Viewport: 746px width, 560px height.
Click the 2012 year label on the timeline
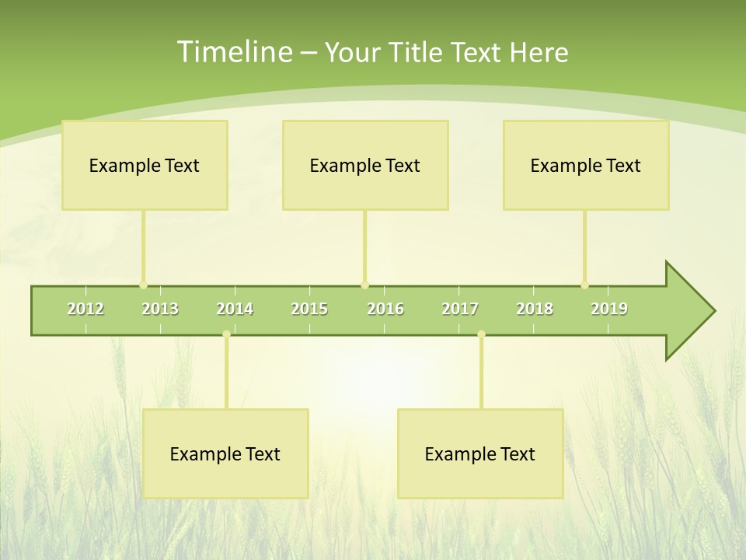click(85, 309)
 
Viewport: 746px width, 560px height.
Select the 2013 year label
click(160, 309)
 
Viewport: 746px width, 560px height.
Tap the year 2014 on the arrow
click(235, 309)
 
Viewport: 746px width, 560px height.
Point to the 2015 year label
click(309, 309)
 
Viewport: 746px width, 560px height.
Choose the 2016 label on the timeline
click(385, 309)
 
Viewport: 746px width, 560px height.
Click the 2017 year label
click(460, 309)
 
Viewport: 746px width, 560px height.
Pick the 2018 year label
click(535, 309)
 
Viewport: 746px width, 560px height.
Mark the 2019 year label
click(609, 309)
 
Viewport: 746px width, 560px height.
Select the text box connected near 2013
click(145, 165)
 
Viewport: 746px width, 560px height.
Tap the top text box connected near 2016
click(365, 165)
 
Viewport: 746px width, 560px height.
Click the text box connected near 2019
click(586, 165)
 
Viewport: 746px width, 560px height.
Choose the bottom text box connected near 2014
click(225, 453)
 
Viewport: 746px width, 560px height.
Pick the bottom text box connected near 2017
click(480, 453)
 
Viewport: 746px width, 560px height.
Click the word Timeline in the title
click(234, 51)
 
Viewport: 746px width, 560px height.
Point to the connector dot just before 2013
click(143, 285)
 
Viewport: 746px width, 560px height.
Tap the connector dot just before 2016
click(365, 285)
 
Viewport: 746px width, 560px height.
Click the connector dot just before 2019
click(585, 285)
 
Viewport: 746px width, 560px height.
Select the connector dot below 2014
click(226, 334)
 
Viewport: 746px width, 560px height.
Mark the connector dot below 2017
click(481, 334)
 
